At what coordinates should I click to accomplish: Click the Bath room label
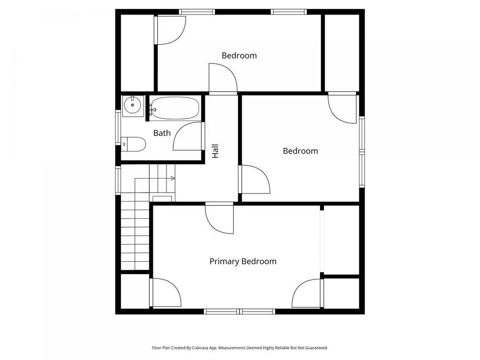162,133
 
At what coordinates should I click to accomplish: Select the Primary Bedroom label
243,261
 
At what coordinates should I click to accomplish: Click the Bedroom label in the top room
239,55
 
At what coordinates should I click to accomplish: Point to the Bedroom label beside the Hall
300,151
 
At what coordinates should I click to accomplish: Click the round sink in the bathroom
132,106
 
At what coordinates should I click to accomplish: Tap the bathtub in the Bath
174,108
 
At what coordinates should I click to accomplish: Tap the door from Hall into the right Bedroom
255,180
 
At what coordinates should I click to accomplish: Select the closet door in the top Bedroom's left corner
170,30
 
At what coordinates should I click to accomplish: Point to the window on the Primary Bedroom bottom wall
240,311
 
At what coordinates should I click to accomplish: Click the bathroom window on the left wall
118,127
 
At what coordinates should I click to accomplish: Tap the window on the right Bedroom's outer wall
361,152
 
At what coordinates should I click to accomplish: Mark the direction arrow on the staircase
172,178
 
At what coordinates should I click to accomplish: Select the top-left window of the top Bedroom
196,12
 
